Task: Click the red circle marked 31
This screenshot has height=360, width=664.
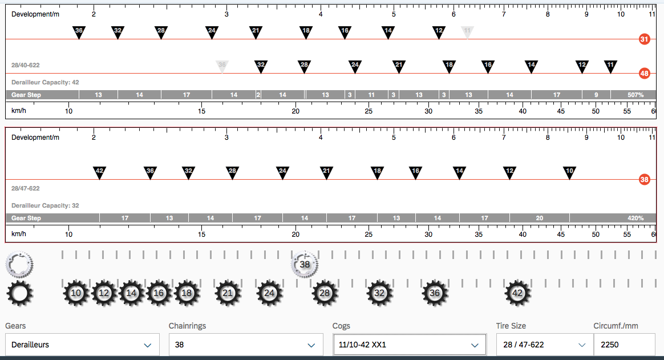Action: (644, 39)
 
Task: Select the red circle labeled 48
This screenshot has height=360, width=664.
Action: (644, 73)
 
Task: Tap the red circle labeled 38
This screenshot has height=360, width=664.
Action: (644, 180)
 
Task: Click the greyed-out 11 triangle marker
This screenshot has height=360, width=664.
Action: (467, 32)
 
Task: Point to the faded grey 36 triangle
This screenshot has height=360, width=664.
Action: (222, 66)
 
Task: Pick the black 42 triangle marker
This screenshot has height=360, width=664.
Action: (99, 172)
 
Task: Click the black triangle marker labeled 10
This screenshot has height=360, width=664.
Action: (569, 172)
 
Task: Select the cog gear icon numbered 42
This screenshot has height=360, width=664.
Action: (517, 293)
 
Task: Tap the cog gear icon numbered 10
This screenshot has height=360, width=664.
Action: (76, 293)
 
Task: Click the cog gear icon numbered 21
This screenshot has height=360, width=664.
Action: (228, 293)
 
